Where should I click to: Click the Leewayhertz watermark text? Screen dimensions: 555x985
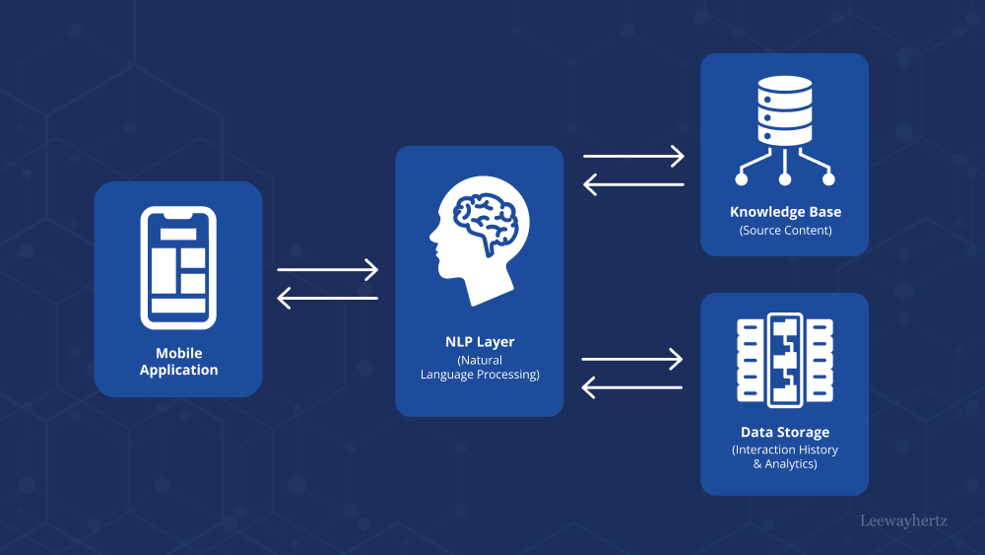[x=903, y=520]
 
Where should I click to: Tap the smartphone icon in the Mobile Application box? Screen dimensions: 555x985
[x=178, y=267]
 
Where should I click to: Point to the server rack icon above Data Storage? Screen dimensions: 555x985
[x=785, y=359]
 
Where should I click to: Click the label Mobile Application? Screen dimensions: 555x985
[x=178, y=362]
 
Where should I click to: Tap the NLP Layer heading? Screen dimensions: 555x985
[x=480, y=342]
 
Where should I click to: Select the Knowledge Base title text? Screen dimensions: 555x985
[x=785, y=212]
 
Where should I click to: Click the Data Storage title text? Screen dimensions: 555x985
[x=785, y=432]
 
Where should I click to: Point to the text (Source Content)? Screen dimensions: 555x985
[x=785, y=231]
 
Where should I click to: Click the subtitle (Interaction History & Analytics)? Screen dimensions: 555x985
[x=785, y=456]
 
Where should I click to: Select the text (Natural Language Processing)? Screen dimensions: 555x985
[x=480, y=368]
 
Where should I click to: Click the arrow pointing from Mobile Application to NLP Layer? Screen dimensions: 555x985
[x=328, y=269]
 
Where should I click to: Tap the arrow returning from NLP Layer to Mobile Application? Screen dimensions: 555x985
[x=328, y=297]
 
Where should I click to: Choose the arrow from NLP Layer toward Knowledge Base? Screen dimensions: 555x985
[x=633, y=156]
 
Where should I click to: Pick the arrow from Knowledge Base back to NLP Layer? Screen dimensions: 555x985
[x=633, y=183]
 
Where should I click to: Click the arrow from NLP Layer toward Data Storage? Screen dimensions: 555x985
[x=633, y=359]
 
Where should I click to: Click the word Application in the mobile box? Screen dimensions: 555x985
[x=178, y=371]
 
